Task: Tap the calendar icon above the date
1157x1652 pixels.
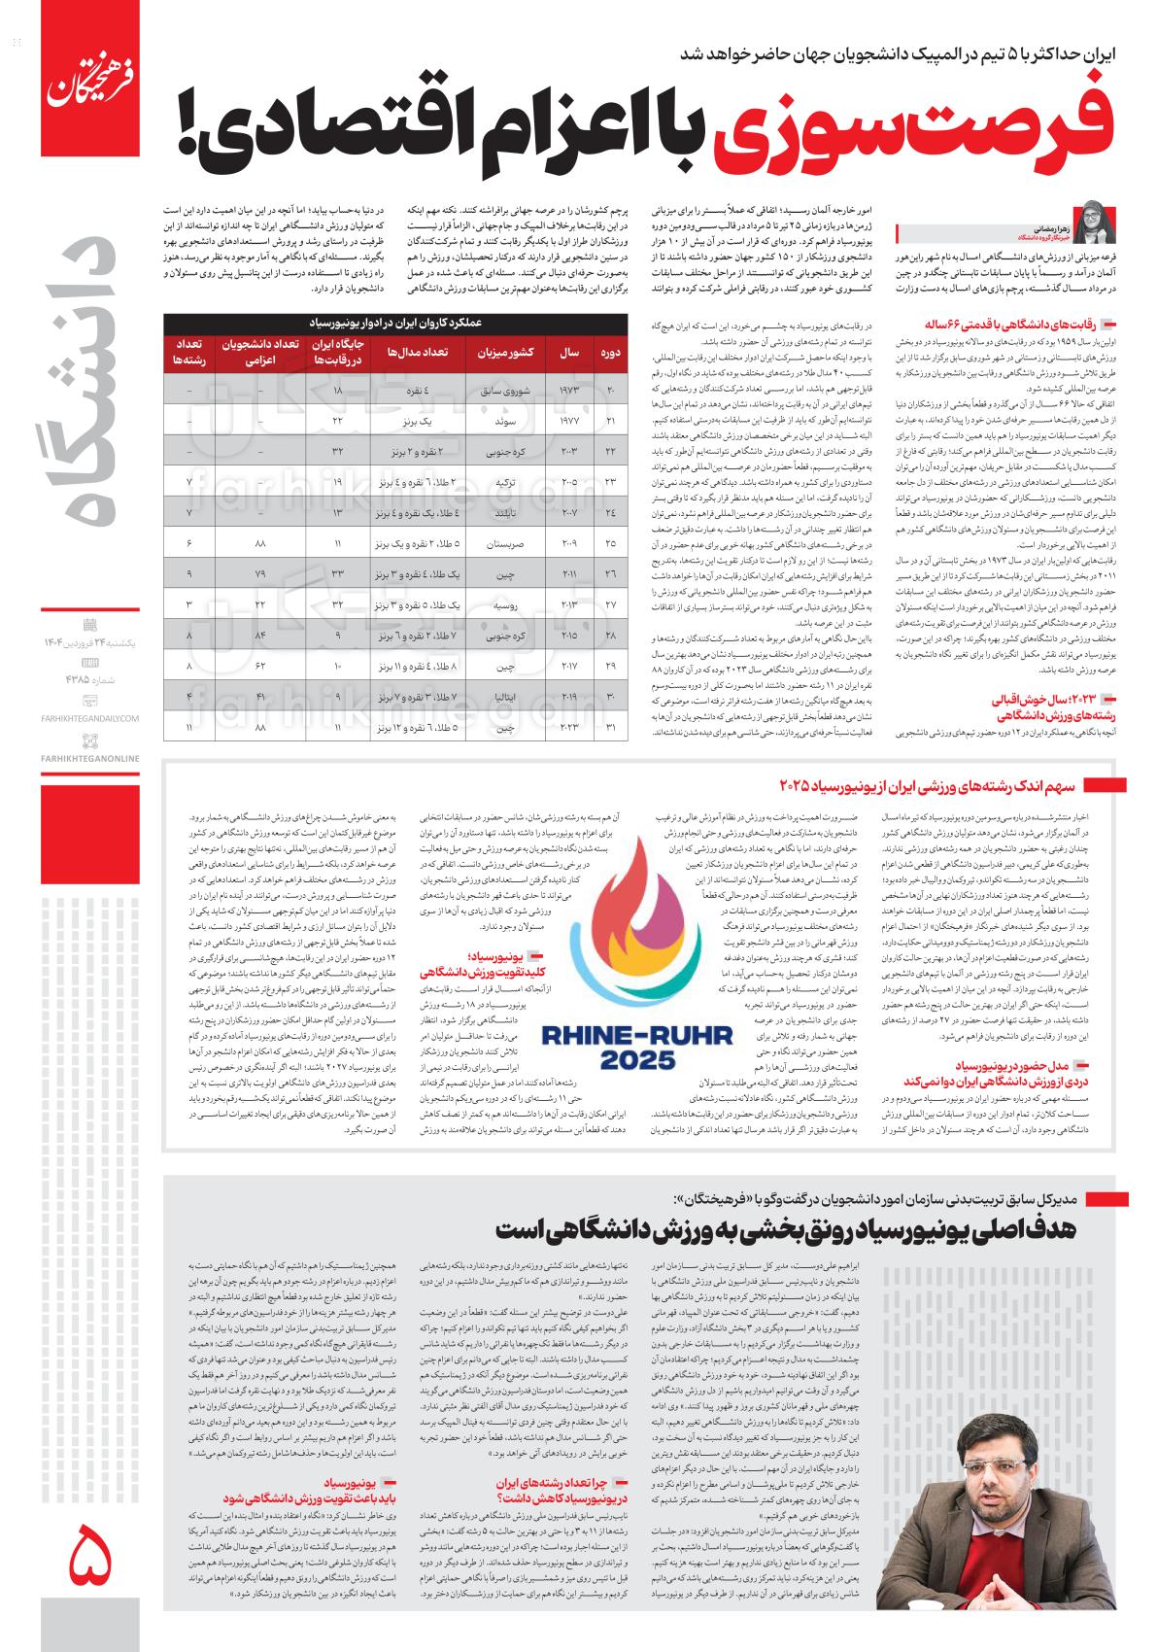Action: coord(90,624)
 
